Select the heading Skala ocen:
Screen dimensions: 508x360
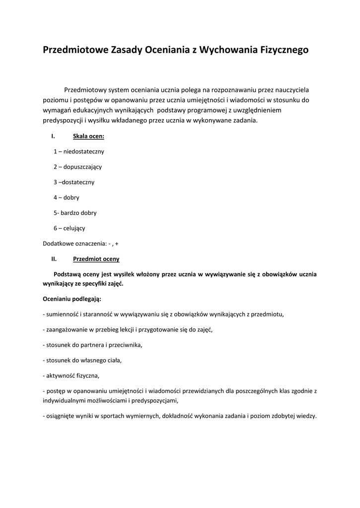click(x=88, y=136)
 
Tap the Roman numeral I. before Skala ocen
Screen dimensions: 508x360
click(x=53, y=136)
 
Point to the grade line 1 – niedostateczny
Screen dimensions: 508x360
click(x=79, y=151)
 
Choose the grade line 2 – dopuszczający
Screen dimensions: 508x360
click(x=77, y=167)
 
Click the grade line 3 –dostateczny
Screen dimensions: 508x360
click(x=74, y=182)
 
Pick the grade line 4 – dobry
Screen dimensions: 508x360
click(x=67, y=197)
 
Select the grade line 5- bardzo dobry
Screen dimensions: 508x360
click(x=75, y=213)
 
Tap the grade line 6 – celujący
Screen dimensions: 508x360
click(x=70, y=228)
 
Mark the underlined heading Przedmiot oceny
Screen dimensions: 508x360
click(x=96, y=259)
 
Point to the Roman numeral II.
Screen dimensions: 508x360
click(x=54, y=259)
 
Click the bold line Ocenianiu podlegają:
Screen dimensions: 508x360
click(x=72, y=299)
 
